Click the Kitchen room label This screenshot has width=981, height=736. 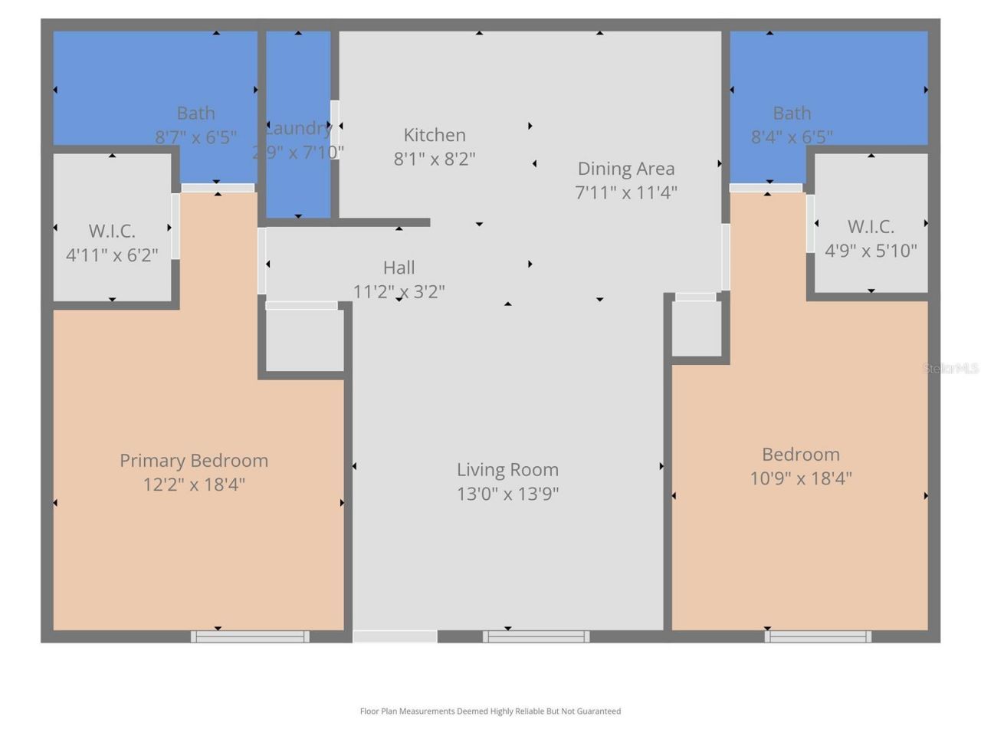point(435,135)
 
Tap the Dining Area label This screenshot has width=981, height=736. point(626,169)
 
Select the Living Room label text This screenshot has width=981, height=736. point(507,469)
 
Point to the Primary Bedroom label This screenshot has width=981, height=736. point(194,460)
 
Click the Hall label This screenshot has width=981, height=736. point(399,268)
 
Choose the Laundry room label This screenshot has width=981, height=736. point(298,128)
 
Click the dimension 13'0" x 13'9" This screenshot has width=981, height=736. point(507,494)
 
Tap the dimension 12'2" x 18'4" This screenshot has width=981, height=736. point(194,485)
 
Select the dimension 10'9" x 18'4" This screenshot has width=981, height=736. point(801,478)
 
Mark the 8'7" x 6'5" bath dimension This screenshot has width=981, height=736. point(195,137)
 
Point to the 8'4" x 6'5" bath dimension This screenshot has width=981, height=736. point(792,137)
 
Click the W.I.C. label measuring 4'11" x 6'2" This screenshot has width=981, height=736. point(112,231)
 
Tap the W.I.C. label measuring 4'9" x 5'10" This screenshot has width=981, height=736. point(871,227)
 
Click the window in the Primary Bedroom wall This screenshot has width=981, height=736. point(250,636)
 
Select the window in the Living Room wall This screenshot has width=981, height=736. point(536,636)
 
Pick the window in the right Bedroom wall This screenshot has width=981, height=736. point(818,636)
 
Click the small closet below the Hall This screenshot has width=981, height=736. point(305,340)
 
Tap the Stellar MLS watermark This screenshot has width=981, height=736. point(950,369)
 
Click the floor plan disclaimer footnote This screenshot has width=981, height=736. point(490,711)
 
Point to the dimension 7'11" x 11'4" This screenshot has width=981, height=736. point(626,192)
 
